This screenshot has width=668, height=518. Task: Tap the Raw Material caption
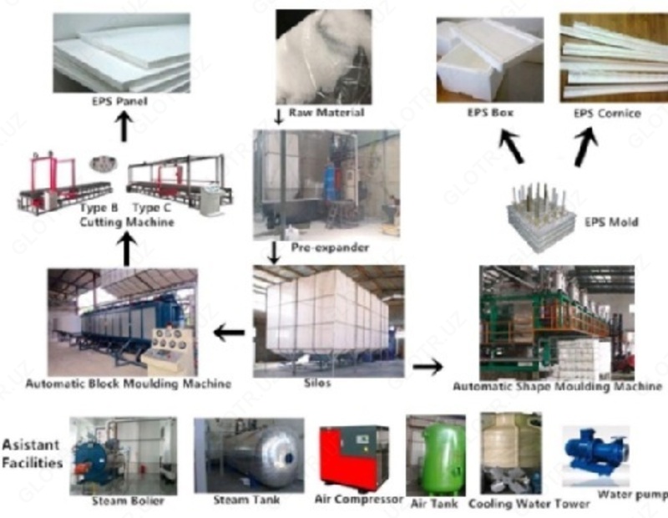point(326,112)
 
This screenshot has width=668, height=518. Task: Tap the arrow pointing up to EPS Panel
point(124,127)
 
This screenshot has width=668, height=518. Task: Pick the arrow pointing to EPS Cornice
point(588,145)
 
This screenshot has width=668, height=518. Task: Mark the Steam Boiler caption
point(128,501)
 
